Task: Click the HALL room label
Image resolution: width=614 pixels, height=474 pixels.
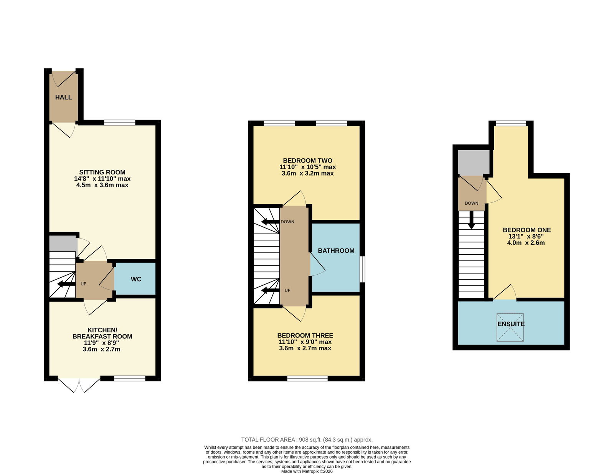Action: (x=63, y=97)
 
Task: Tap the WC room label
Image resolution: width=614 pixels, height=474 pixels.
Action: (x=136, y=279)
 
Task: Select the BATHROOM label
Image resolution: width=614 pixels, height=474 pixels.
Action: (x=336, y=250)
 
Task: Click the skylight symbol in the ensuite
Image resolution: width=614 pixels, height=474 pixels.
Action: (x=510, y=327)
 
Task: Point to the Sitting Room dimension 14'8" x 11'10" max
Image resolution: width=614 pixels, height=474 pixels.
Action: (x=102, y=179)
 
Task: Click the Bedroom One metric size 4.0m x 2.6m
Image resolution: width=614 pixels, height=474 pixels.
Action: (x=526, y=243)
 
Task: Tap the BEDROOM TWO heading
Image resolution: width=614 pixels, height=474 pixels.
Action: (x=308, y=161)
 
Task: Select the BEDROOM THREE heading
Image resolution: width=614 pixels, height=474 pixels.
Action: (x=305, y=335)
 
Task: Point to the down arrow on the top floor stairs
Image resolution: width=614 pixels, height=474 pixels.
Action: (x=471, y=220)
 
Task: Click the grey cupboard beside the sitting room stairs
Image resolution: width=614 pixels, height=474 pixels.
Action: (x=63, y=244)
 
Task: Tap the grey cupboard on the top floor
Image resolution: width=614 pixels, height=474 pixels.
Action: (x=474, y=162)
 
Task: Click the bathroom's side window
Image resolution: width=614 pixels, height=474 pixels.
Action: (x=362, y=269)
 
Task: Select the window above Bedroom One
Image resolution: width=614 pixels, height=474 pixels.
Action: (x=511, y=123)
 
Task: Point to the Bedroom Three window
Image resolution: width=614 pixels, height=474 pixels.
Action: (x=307, y=378)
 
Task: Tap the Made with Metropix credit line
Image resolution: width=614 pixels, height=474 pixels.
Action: (x=307, y=471)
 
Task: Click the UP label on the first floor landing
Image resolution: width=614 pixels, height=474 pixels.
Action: (x=287, y=290)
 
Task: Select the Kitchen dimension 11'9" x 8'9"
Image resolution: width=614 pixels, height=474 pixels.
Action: (x=101, y=343)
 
